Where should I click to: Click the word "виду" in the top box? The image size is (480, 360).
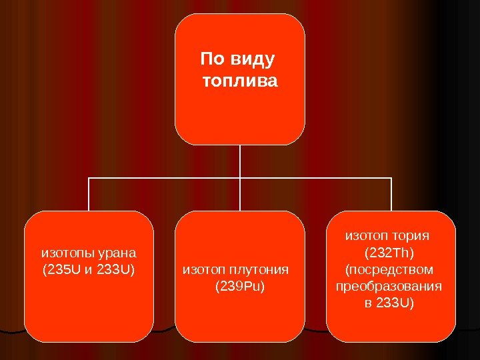pos(251,61)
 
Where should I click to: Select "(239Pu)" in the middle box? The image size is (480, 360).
pos(239,287)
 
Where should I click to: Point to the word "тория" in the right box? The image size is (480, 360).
pos(413,235)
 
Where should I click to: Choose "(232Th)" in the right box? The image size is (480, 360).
pos(391,253)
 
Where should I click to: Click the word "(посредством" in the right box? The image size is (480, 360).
pos(391,269)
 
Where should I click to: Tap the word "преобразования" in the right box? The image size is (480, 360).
pos(391,287)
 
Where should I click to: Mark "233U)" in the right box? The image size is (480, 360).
pos(398,304)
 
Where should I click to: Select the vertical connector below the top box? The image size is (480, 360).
pos(240,161)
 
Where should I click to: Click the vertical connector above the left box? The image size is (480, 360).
pos(89,195)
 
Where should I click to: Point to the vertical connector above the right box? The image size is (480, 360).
pos(391,195)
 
